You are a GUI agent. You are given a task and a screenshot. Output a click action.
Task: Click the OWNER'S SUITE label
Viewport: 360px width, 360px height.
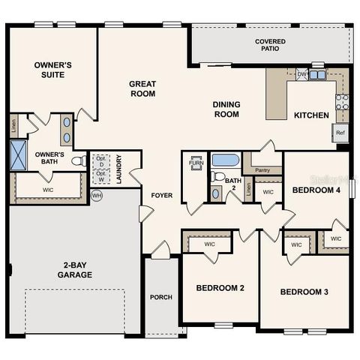[52, 70]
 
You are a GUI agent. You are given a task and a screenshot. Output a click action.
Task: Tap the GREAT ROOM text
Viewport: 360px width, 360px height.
[142, 88]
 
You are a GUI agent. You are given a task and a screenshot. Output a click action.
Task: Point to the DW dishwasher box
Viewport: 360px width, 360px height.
[301, 74]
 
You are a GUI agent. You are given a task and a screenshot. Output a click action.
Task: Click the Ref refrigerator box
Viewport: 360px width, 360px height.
[340, 133]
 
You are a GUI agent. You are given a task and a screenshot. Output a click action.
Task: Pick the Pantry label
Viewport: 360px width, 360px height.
[262, 170]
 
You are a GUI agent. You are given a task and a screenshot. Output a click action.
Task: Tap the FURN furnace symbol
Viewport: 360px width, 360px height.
[196, 163]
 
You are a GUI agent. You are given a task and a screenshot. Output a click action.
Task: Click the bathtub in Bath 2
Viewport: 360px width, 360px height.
[225, 160]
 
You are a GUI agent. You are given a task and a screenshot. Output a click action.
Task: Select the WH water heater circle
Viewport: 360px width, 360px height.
[96, 196]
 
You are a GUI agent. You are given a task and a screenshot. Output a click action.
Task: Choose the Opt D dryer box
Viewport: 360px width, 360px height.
[100, 162]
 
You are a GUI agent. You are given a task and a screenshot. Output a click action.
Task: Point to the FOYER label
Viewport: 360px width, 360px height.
[162, 195]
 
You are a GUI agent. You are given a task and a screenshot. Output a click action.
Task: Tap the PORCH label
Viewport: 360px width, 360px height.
[161, 297]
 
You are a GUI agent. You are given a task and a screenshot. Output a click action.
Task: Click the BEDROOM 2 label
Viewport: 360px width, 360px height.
[220, 288]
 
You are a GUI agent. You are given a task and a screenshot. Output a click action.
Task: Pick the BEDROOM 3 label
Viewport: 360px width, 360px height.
[305, 292]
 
